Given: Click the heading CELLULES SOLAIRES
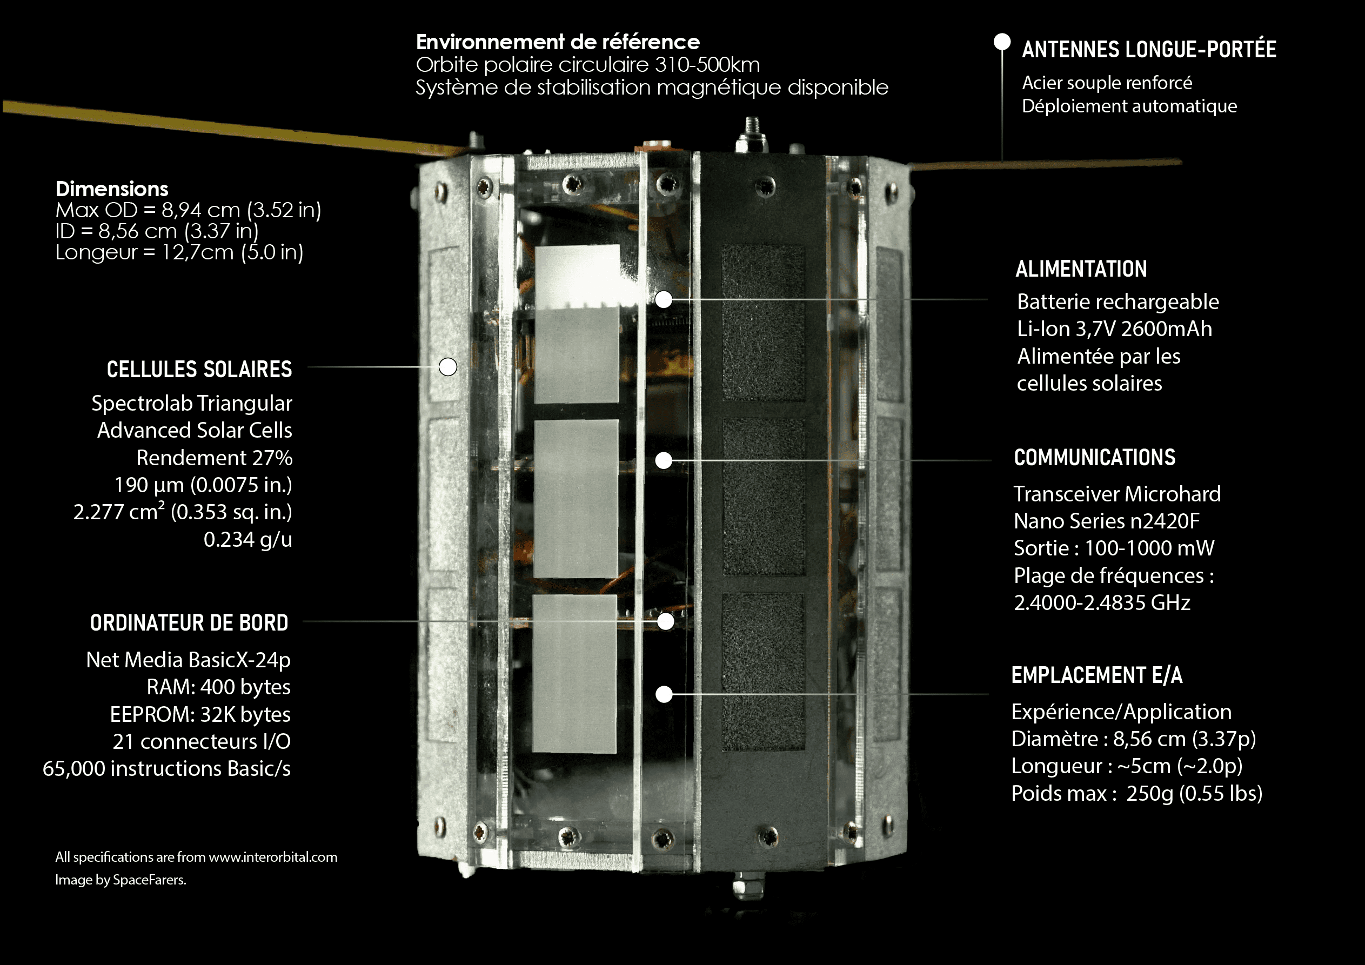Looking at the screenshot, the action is [199, 369].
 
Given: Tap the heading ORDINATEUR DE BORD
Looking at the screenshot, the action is [189, 622].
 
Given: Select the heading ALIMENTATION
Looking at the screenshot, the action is [1081, 269].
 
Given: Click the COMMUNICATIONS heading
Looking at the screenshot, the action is [1094, 457].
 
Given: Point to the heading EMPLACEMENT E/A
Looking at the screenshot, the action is [1097, 675].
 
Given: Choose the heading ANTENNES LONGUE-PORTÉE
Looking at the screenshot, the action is [1149, 49].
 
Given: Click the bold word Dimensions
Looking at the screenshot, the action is [112, 189].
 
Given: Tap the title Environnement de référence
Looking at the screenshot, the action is [558, 42].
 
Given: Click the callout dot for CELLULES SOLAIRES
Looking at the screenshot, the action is [447, 367].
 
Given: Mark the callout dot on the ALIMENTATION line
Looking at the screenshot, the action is [664, 299].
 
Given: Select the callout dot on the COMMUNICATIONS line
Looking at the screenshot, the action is [664, 460].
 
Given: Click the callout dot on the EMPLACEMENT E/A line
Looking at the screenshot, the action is [664, 694].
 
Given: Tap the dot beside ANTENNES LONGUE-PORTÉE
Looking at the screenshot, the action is [1002, 42].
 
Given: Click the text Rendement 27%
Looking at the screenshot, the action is [215, 458].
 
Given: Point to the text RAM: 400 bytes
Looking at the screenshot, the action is [219, 687].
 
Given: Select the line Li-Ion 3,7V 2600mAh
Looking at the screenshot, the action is [1114, 329].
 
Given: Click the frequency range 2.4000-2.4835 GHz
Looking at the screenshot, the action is [1102, 603].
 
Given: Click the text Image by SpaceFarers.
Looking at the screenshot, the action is [121, 880].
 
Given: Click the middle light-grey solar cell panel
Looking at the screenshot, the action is [576, 499].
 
